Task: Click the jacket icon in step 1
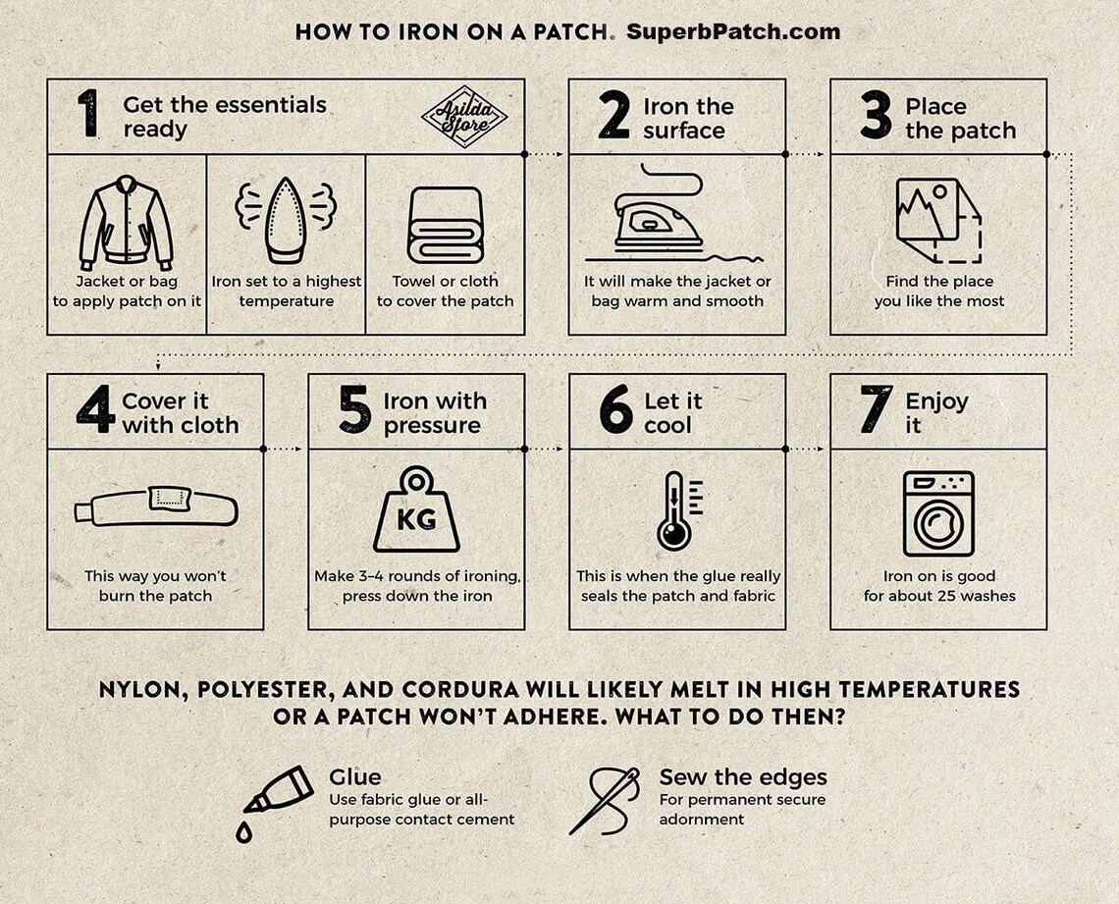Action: (126, 223)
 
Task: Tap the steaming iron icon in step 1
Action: (286, 219)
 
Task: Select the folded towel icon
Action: (445, 226)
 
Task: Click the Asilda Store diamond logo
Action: (463, 116)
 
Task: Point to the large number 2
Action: (613, 117)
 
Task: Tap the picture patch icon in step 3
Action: (937, 220)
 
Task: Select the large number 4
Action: (95, 411)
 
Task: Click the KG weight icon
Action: (416, 509)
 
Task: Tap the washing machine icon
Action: (938, 513)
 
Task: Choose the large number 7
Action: (876, 411)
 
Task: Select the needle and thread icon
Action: (605, 801)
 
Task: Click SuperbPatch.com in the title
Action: (732, 31)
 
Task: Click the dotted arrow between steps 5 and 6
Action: (546, 449)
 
